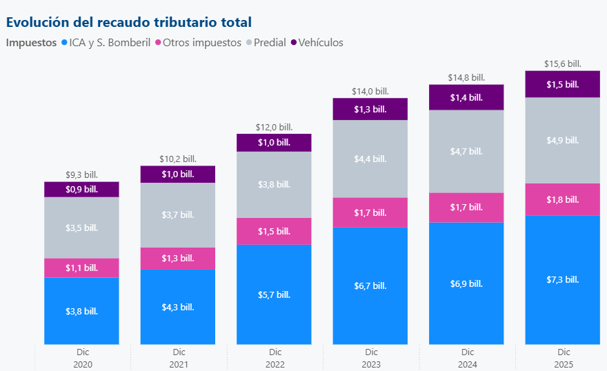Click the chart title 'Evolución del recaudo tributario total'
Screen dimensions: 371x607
tap(128, 22)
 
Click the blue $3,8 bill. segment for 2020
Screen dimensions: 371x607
tap(81, 311)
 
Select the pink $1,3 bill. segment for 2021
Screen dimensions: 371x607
tap(178, 258)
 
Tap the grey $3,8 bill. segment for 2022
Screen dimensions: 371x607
tap(274, 184)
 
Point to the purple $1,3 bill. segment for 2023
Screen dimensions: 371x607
tap(370, 109)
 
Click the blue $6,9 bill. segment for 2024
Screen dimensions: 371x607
tap(466, 283)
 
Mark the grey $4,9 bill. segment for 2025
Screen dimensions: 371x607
tap(563, 140)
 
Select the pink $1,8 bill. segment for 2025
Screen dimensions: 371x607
tap(563, 199)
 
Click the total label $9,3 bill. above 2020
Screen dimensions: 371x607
tap(81, 175)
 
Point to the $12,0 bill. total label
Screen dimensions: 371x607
tap(274, 127)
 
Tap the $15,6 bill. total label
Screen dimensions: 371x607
tap(563, 63)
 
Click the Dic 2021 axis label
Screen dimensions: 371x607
tap(178, 358)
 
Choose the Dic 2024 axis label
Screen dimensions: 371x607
tap(466, 358)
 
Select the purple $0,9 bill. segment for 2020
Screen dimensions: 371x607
tap(81, 189)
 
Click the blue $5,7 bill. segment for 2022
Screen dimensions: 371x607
tap(274, 294)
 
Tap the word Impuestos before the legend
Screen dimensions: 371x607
tap(31, 43)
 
